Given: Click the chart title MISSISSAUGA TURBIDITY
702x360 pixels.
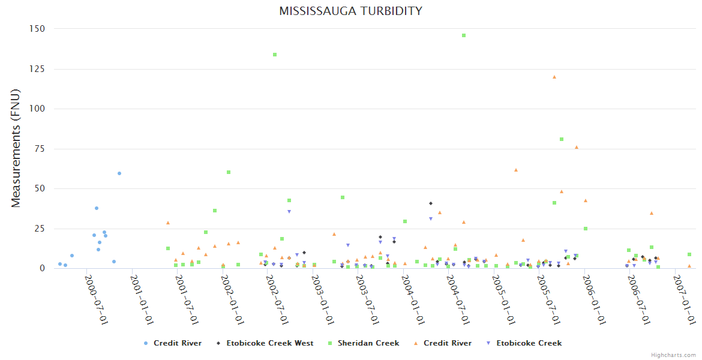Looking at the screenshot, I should pyautogui.click(x=350, y=11).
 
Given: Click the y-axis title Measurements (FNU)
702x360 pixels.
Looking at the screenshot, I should pyautogui.click(x=16, y=148).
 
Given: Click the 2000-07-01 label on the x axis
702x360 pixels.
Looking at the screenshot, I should pyautogui.click(x=96, y=299).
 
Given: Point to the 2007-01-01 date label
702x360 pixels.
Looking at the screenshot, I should pyautogui.click(x=685, y=299).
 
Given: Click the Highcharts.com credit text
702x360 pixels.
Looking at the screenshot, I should pyautogui.click(x=673, y=355).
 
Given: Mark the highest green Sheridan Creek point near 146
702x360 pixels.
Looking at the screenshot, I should pyautogui.click(x=464, y=35).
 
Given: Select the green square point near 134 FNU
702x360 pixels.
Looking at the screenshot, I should pyautogui.click(x=275, y=55).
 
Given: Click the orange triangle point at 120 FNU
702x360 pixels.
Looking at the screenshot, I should pyautogui.click(x=554, y=77).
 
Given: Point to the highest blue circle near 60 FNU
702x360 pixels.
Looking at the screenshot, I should pyautogui.click(x=119, y=173).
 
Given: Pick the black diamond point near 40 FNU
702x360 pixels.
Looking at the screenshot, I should pyautogui.click(x=431, y=203).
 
